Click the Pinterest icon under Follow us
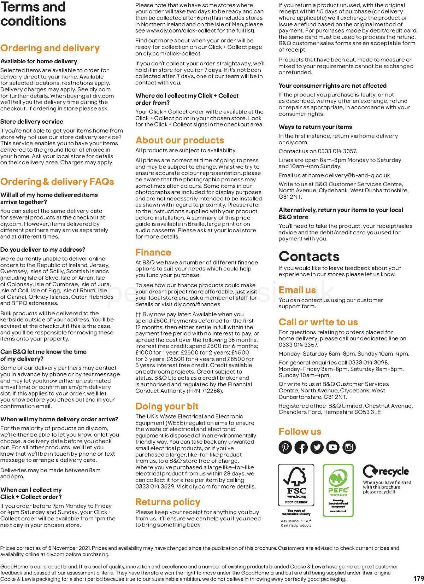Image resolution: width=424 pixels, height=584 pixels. coord(285,447)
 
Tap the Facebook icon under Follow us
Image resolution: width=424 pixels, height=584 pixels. coord(301,447)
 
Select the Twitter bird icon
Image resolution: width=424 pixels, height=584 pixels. coord(317,447)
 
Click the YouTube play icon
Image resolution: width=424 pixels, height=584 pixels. coord(333,447)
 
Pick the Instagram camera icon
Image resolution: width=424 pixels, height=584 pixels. coord(349,447)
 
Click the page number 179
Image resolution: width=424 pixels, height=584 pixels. coord(418,579)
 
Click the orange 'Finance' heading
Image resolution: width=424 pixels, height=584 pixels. coord(153,252)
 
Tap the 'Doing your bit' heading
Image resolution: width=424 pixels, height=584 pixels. coord(167,406)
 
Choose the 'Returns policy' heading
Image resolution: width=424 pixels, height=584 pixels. coord(167,502)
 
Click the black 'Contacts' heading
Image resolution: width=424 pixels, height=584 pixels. coord(309,256)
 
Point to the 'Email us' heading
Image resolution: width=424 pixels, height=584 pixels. coord(297,290)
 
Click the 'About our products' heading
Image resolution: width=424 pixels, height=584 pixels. coord(179,140)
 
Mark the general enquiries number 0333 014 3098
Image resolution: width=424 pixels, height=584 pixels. coord(368,363)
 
